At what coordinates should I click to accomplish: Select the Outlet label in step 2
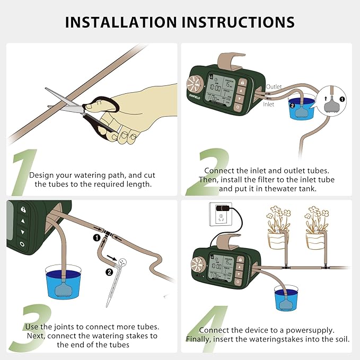tap(274, 86)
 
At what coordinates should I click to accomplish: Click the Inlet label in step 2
tap(269, 104)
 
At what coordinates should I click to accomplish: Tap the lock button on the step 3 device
tap(23, 210)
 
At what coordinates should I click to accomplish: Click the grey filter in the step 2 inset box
tap(332, 104)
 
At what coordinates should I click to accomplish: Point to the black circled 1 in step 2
tap(342, 99)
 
